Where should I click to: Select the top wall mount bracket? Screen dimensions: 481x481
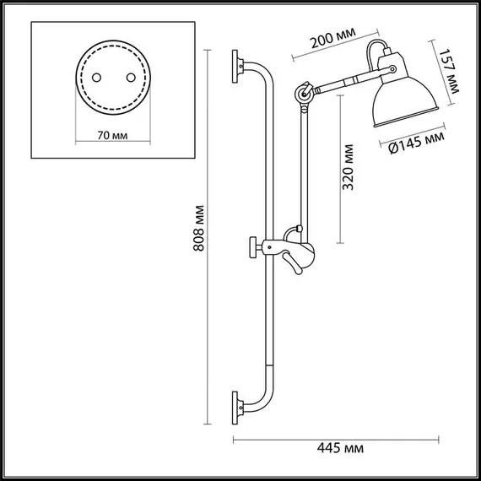point(240,67)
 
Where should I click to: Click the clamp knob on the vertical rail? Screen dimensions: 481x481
point(254,247)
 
